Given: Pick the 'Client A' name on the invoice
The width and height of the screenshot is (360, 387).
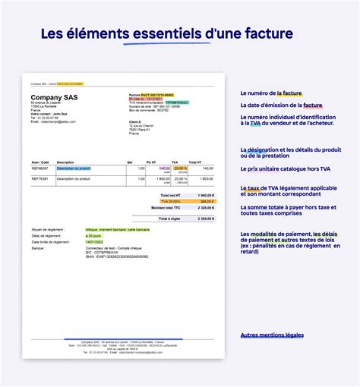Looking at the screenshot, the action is coord(135,121).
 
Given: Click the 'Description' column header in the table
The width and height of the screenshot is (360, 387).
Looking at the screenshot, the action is coord(65,162).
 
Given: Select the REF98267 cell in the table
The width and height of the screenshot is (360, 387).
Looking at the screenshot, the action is coord(40,168).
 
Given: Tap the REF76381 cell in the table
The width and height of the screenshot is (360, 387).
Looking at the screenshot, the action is coord(40,179).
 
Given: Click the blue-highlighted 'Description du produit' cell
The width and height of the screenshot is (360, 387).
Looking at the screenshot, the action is coord(74,168).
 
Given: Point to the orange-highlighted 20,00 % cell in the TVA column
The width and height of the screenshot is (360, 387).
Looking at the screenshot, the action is coord(181,168).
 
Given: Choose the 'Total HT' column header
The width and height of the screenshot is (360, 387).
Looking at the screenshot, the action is coord(195,162).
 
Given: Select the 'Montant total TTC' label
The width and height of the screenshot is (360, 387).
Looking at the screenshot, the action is coord(166,207).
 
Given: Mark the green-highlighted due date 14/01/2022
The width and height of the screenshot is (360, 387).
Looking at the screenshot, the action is coord(96,242).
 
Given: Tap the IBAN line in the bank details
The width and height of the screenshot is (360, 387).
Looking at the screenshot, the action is coord(115,258).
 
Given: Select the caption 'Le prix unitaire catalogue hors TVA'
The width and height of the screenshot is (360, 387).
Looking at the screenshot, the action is coord(284,168).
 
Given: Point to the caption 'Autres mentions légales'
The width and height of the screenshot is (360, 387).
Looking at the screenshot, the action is coord(271,335).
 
